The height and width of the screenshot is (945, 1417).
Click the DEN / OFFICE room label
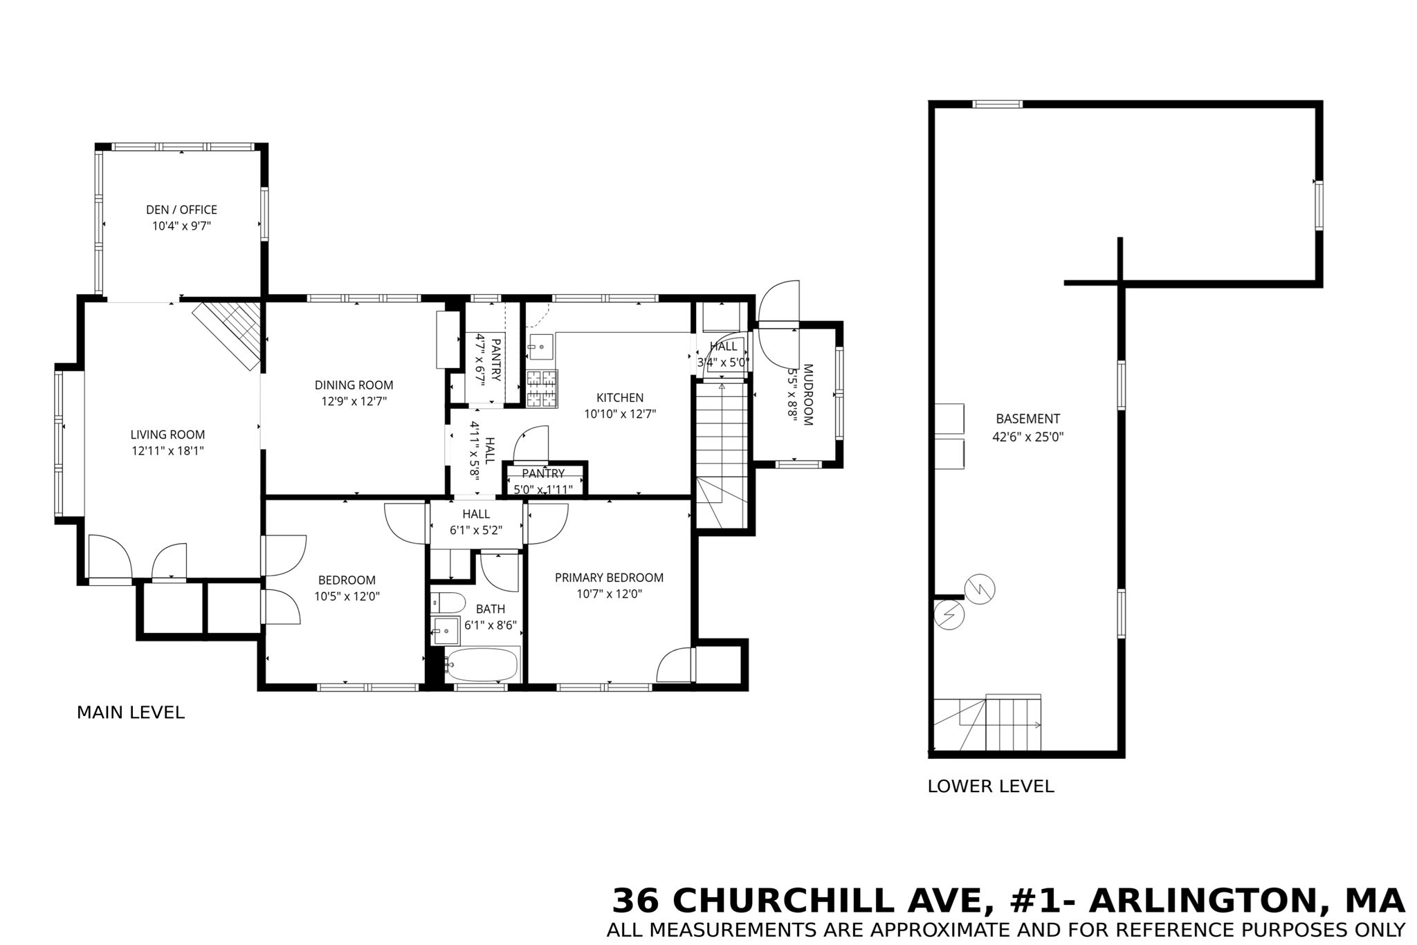click(x=181, y=210)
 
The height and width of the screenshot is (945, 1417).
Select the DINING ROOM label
click(x=354, y=385)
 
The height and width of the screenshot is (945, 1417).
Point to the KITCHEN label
click(x=620, y=398)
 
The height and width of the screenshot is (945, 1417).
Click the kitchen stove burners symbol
click(x=542, y=388)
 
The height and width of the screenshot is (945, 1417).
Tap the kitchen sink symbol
click(x=540, y=346)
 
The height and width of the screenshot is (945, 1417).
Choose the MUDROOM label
click(x=807, y=394)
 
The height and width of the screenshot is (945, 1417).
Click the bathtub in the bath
click(x=482, y=665)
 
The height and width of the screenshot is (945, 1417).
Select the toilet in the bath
click(x=448, y=603)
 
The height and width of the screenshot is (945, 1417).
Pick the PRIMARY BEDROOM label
click(x=609, y=578)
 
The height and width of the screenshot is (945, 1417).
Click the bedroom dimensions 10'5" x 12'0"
click(x=347, y=596)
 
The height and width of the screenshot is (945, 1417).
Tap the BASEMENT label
click(x=1027, y=419)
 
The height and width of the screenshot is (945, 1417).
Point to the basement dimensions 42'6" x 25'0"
click(x=1027, y=437)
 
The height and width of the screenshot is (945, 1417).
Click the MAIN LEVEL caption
click(x=131, y=713)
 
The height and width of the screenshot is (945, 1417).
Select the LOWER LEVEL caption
click(x=991, y=787)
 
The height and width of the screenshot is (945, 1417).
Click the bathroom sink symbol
click(x=446, y=630)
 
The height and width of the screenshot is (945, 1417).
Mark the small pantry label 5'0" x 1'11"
click(x=543, y=490)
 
